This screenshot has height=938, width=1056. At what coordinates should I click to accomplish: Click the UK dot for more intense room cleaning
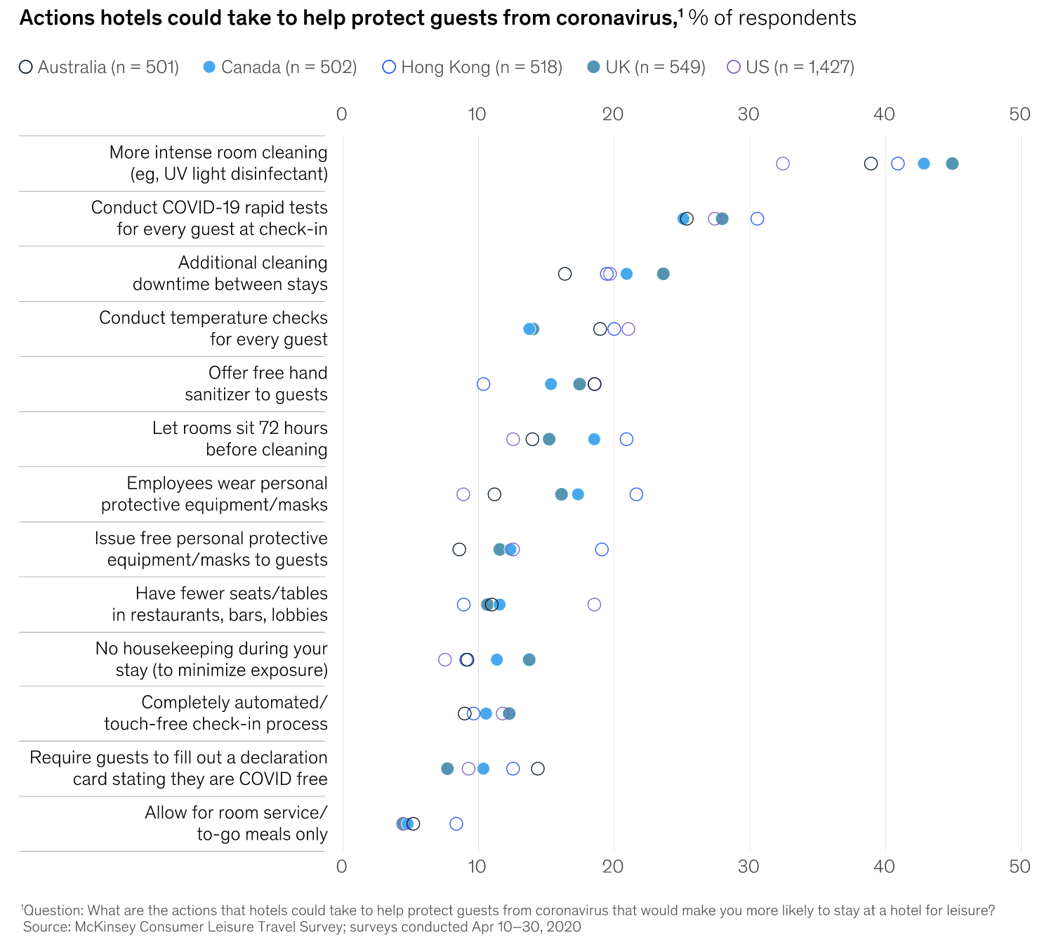952,164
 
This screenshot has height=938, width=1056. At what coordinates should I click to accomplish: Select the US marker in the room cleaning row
783,164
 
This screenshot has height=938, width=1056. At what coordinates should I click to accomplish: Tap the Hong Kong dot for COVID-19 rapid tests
757,218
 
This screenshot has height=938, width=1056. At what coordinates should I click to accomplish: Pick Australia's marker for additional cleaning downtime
565,274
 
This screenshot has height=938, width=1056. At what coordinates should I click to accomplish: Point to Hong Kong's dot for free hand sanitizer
483,384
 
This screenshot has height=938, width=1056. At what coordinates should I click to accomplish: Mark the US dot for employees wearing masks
463,494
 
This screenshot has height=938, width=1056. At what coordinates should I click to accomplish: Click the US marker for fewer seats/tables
594,605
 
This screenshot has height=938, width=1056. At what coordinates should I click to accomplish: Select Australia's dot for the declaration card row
538,769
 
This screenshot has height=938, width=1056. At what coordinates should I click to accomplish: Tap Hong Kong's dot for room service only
456,824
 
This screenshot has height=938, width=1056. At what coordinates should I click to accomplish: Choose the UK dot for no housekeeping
529,659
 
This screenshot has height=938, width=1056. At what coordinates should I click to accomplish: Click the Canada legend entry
280,67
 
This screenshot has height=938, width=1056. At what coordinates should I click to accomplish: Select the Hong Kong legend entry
473,67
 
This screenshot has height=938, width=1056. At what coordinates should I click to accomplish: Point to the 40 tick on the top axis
885,114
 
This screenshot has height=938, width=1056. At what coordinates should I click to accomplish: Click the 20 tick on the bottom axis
613,866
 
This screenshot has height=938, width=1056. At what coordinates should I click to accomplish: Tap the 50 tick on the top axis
1019,114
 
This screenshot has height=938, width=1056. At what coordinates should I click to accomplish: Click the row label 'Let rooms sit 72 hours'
240,428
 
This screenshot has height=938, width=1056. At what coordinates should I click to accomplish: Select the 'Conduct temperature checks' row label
213,318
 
